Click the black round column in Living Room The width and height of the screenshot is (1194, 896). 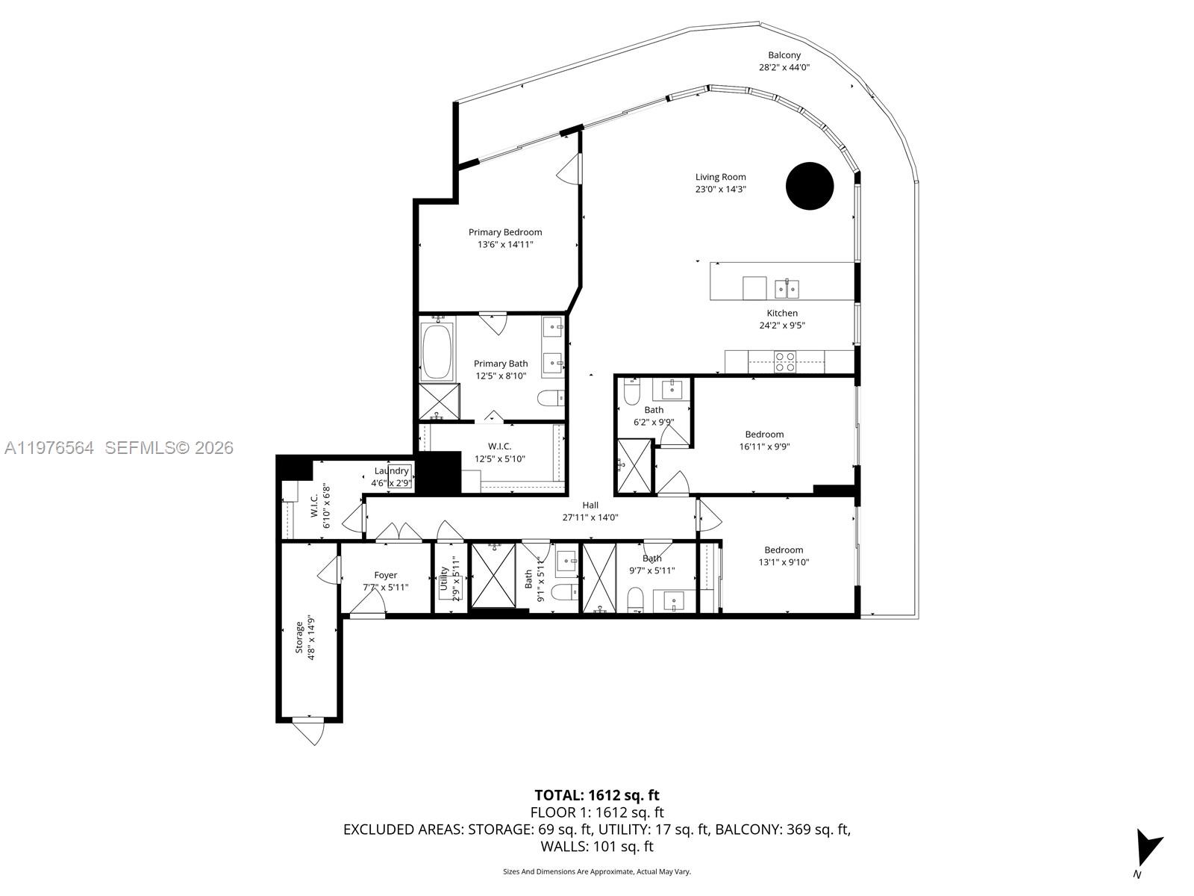pyautogui.click(x=810, y=186)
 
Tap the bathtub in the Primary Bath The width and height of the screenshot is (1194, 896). pyautogui.click(x=437, y=352)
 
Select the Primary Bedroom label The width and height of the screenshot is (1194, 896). pyautogui.click(x=505, y=232)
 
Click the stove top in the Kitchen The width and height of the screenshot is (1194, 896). pyautogui.click(x=784, y=361)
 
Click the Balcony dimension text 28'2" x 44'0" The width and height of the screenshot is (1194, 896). pyautogui.click(x=784, y=67)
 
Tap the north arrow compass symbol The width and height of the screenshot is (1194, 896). pyautogui.click(x=1146, y=847)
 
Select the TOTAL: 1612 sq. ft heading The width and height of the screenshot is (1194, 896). pyautogui.click(x=596, y=795)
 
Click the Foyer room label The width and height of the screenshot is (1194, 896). pyautogui.click(x=386, y=575)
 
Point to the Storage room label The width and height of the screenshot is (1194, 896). pyautogui.click(x=300, y=636)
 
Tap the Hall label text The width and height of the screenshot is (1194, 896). pyautogui.click(x=590, y=505)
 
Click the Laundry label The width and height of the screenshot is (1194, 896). pyautogui.click(x=392, y=471)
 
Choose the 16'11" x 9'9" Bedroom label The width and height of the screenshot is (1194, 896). pyautogui.click(x=764, y=435)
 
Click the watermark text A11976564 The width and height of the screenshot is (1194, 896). pyautogui.click(x=49, y=447)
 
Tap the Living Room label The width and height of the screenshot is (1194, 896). pyautogui.click(x=720, y=177)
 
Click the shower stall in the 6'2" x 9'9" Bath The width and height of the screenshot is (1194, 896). pyautogui.click(x=634, y=467)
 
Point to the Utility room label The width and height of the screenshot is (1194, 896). pyautogui.click(x=444, y=579)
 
